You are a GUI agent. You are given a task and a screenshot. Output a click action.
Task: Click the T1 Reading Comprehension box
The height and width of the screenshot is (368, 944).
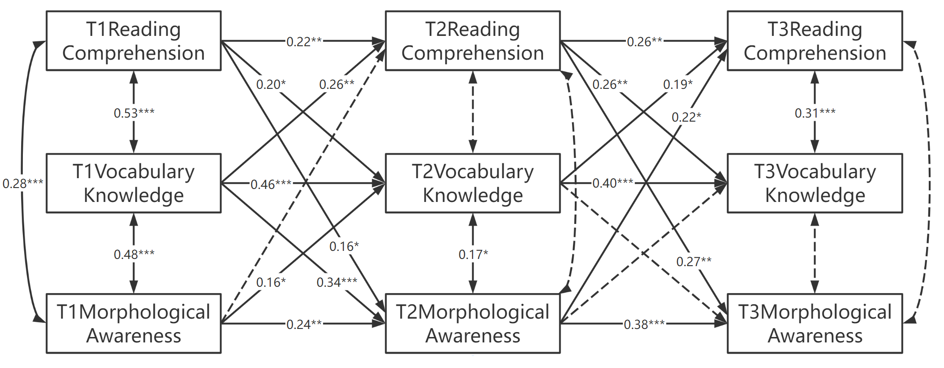point(134,41)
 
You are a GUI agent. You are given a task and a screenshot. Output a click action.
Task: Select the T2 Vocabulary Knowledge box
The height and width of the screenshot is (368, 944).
point(472,183)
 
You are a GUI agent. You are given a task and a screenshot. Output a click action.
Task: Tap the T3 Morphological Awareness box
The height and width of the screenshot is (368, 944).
point(815,324)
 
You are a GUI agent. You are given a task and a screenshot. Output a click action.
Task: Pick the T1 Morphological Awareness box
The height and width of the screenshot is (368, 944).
point(134,324)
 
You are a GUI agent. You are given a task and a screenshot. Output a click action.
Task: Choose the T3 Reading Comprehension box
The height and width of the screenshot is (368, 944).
point(815,41)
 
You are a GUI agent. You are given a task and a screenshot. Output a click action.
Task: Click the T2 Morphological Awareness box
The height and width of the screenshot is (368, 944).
point(472,324)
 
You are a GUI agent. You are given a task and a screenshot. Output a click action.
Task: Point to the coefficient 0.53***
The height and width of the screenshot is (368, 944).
point(134,113)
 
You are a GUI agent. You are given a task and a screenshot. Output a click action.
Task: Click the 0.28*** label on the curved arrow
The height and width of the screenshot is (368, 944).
point(22,184)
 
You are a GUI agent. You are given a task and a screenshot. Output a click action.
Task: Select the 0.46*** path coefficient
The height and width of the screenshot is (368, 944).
point(271,184)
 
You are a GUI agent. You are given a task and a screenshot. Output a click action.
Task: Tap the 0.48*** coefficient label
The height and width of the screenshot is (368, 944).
point(134,254)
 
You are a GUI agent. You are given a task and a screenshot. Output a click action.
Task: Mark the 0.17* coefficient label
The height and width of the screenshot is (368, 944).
point(473,254)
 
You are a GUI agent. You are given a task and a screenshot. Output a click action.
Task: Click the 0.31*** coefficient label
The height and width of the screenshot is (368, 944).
point(815,113)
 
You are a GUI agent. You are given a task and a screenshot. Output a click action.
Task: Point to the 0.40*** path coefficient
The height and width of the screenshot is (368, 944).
point(612,183)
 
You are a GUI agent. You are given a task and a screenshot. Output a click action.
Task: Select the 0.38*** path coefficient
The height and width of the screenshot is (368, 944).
point(644,324)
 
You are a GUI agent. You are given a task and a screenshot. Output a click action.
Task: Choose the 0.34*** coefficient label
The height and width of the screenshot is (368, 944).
point(337,282)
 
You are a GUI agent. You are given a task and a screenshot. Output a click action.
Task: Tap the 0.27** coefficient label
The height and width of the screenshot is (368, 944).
point(694,261)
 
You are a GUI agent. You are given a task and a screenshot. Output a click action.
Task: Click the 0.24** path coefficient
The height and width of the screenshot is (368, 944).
point(304,324)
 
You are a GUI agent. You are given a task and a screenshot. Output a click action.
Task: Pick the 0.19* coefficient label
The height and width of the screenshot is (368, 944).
point(677,84)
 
